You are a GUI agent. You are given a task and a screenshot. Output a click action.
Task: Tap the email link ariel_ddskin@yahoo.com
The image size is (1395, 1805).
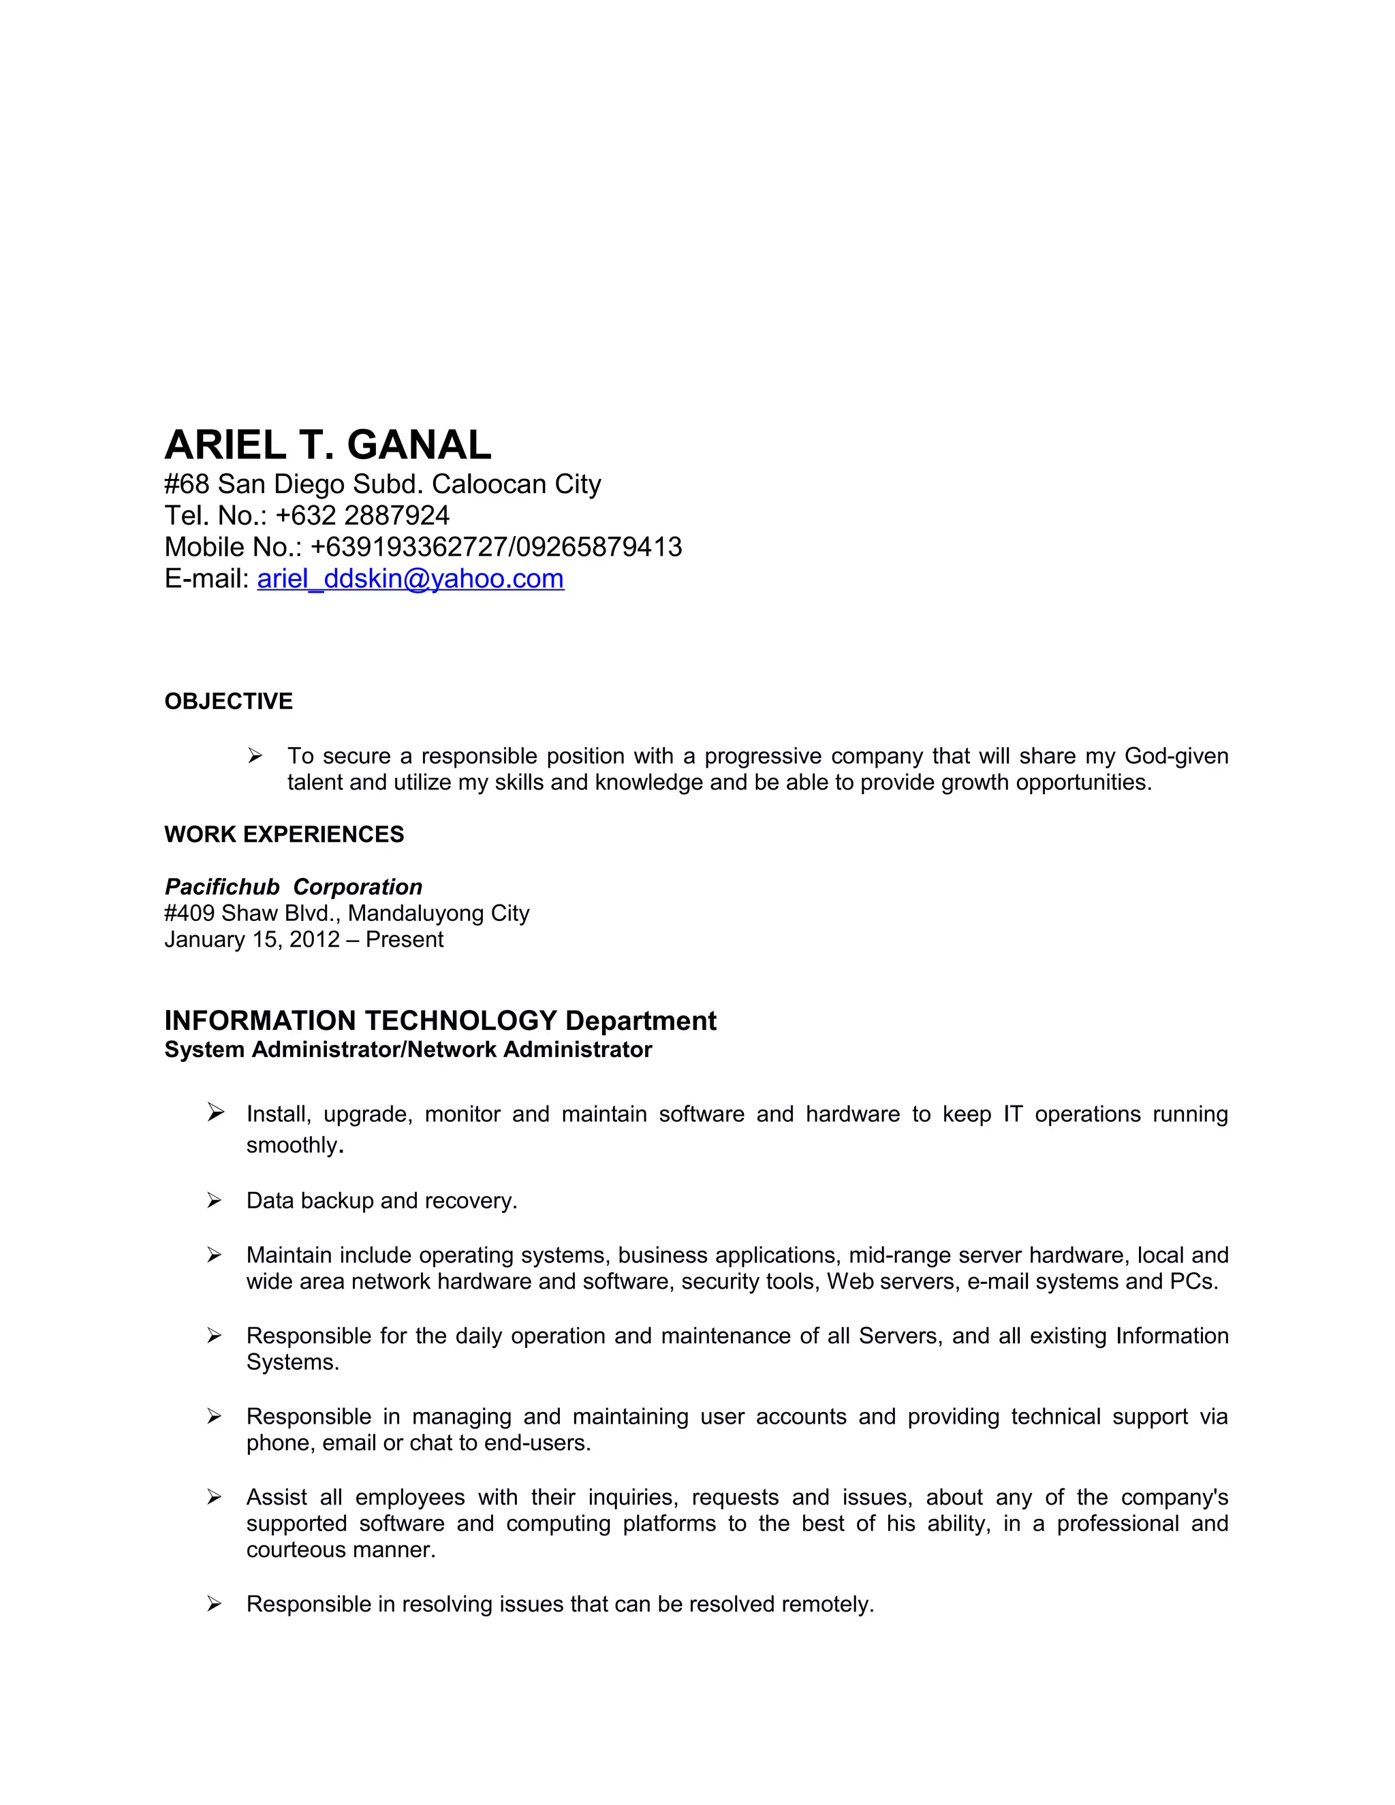410,578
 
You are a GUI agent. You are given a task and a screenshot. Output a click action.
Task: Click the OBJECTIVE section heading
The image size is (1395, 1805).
228,702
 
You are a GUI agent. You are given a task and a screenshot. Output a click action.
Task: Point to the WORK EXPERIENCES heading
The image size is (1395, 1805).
283,835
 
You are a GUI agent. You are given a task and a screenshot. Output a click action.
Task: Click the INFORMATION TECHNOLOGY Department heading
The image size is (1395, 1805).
439,1021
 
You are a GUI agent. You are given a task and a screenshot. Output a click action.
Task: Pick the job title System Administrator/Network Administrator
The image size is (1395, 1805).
407,1050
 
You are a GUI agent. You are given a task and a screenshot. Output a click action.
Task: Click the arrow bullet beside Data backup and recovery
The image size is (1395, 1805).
214,1200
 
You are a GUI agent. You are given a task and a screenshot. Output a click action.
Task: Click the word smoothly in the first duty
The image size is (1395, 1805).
292,1146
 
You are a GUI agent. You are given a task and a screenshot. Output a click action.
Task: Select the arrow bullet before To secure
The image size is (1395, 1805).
255,755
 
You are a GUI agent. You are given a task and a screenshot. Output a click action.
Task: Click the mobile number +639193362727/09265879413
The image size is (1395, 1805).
496,547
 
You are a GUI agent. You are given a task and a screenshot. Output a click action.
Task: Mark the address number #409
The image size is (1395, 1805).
189,913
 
